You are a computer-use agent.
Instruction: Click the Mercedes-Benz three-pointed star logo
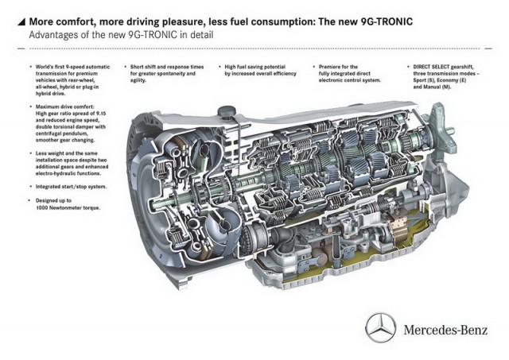380,327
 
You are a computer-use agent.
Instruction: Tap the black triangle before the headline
21,21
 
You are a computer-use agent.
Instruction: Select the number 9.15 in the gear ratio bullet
100,114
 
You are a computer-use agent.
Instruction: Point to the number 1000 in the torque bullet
42,207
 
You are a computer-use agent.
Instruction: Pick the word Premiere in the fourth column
328,67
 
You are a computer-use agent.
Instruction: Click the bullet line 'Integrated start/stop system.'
71,187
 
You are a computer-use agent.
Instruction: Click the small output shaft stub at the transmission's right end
450,131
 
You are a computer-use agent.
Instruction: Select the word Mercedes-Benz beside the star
445,330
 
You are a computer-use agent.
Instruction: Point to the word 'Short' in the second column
137,67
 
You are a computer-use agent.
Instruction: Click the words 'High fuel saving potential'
254,67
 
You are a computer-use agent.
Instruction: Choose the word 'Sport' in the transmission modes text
419,80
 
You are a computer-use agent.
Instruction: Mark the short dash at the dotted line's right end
488,48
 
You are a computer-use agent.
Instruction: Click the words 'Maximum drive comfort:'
65,106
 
